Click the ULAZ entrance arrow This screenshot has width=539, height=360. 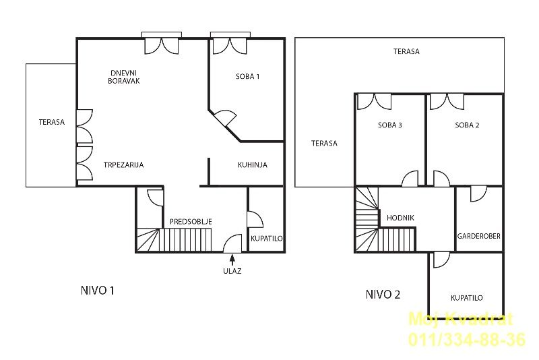click(232, 260)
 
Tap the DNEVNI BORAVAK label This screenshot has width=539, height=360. click(124, 77)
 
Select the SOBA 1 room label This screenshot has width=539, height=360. click(247, 76)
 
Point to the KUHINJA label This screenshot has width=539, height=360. click(252, 164)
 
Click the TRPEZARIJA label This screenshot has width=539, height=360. click(123, 164)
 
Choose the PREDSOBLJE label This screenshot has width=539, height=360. click(191, 222)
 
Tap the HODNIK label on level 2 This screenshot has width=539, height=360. click(400, 218)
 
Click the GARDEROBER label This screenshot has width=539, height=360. click(478, 236)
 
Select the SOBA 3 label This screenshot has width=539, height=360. click(390, 125)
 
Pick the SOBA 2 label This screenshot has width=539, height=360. click(467, 125)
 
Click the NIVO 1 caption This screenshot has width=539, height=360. click(97, 291)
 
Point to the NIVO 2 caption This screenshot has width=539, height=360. click(383, 295)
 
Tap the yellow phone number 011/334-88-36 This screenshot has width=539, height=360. click(467, 339)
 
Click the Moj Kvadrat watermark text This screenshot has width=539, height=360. click(461, 319)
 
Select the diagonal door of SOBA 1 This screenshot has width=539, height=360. click(224, 119)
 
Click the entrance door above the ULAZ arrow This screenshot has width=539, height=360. click(232, 243)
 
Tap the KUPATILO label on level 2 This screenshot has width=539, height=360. click(466, 298)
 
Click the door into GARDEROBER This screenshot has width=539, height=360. click(478, 194)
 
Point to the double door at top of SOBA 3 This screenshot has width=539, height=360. click(374, 102)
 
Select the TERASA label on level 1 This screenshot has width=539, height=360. click(52, 122)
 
